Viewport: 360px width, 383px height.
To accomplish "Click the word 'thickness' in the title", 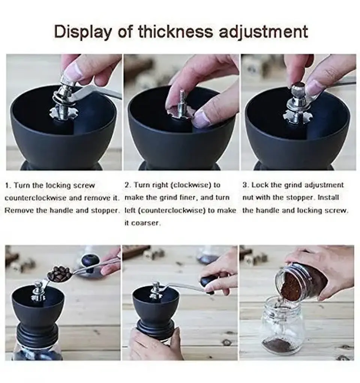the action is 175,32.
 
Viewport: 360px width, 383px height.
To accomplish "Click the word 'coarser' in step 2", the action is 145,223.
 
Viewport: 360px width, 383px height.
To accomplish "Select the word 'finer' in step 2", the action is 187,197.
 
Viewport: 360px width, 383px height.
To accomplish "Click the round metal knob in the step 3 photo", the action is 298,89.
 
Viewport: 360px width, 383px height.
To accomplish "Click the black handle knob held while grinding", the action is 207,282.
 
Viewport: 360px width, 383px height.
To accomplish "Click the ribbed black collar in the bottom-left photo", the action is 37,335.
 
